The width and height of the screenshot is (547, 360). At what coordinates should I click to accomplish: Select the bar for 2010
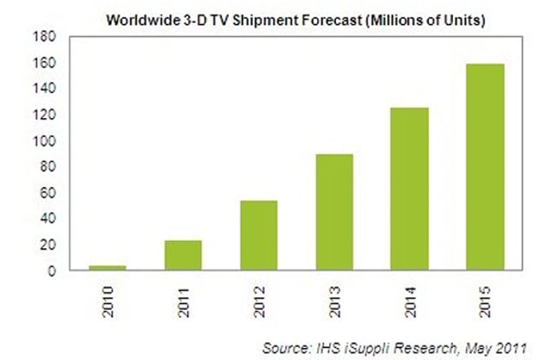pyautogui.click(x=108, y=268)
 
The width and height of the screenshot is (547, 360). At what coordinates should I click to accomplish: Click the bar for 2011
pyautogui.click(x=184, y=255)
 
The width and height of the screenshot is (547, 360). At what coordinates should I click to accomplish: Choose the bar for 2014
pyautogui.click(x=410, y=189)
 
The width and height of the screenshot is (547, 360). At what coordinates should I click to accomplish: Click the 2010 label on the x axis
pyautogui.click(x=109, y=294)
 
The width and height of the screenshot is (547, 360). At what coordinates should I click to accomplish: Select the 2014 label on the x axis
pyautogui.click(x=410, y=294)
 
